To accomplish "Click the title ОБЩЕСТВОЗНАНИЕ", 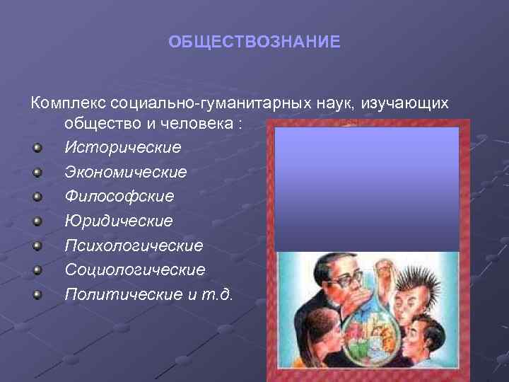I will [x=254, y=42].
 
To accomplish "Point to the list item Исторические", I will [x=122, y=148].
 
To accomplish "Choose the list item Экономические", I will [x=126, y=172].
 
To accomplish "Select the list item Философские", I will [x=119, y=197].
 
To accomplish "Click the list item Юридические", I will [x=118, y=221].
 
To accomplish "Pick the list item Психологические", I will [x=134, y=245].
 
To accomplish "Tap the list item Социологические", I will [x=135, y=270].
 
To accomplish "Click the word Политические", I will [x=124, y=294].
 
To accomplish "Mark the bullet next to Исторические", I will [x=37, y=148].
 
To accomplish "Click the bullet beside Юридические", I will [x=37, y=221].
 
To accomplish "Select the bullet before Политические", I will [x=37, y=294].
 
